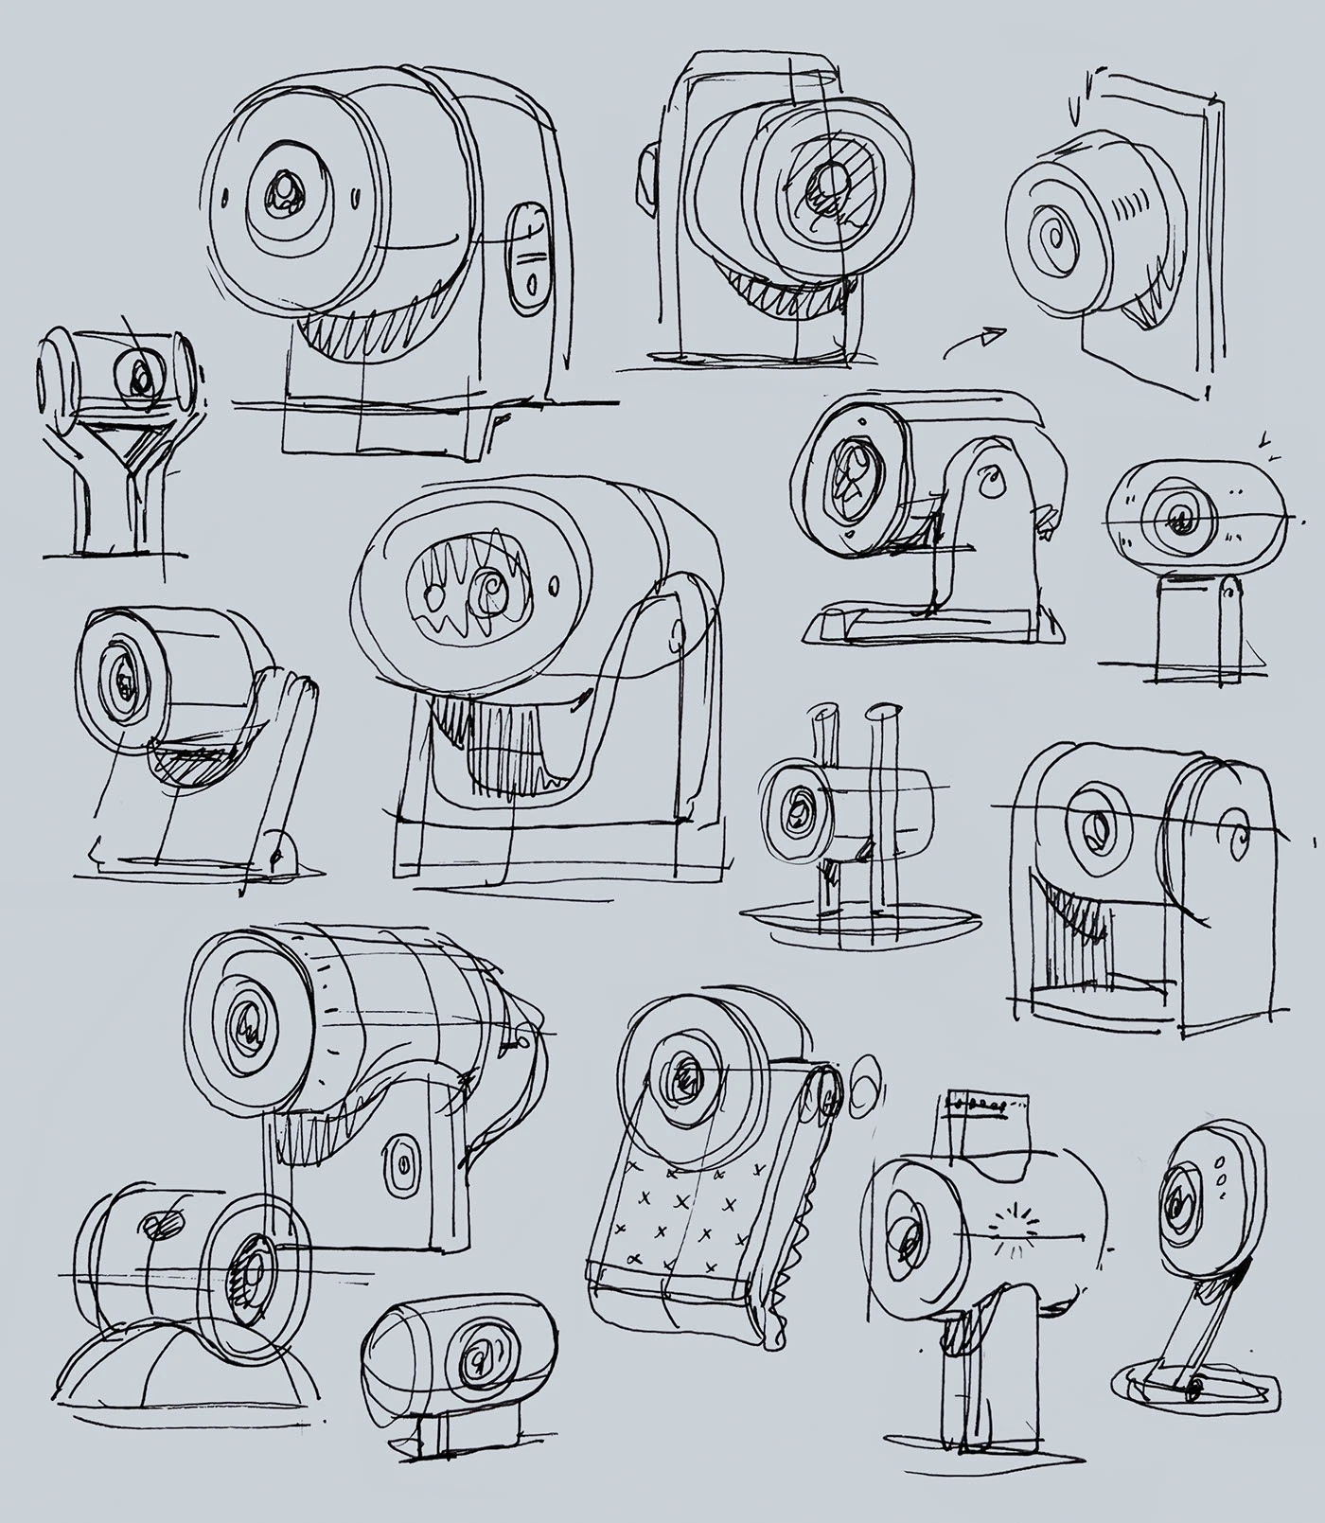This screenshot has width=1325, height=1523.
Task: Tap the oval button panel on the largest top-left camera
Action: click(528, 257)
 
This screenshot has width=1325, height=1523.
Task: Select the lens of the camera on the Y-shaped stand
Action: click(139, 378)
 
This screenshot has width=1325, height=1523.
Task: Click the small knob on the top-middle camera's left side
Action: click(646, 175)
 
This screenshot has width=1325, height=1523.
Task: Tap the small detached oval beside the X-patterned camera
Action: click(865, 1085)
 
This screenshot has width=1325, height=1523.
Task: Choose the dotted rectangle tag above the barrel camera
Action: click(986, 1105)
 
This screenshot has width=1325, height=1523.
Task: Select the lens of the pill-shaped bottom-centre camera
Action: click(476, 1355)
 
